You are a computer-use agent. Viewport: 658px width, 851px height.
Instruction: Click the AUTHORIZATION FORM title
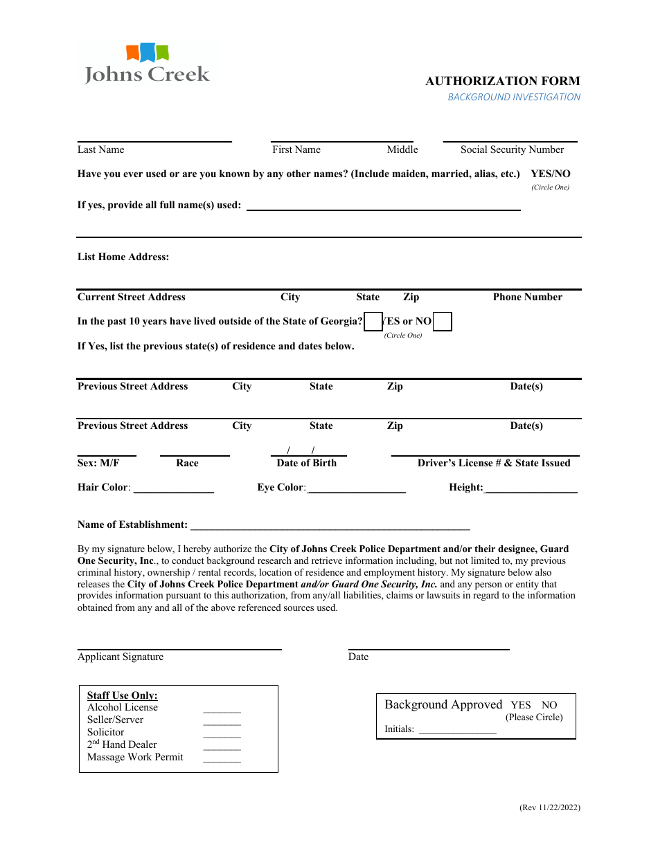[x=502, y=81]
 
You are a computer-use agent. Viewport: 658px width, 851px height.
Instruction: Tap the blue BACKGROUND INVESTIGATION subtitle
[x=513, y=98]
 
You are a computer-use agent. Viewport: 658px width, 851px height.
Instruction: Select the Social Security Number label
[x=512, y=149]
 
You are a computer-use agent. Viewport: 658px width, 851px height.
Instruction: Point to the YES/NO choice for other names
[x=550, y=174]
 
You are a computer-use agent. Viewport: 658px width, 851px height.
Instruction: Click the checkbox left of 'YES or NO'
[x=373, y=322]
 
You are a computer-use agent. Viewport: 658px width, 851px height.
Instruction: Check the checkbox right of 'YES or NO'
[x=443, y=322]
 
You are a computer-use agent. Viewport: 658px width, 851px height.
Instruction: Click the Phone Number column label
[x=527, y=298]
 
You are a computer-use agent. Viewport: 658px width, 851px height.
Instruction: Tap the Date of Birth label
[x=306, y=464]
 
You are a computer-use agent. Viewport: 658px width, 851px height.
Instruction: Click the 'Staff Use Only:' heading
[x=122, y=695]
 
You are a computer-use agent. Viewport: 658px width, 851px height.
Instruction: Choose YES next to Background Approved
[x=520, y=705]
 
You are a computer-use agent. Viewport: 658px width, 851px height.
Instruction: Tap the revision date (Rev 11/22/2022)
[x=549, y=807]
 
